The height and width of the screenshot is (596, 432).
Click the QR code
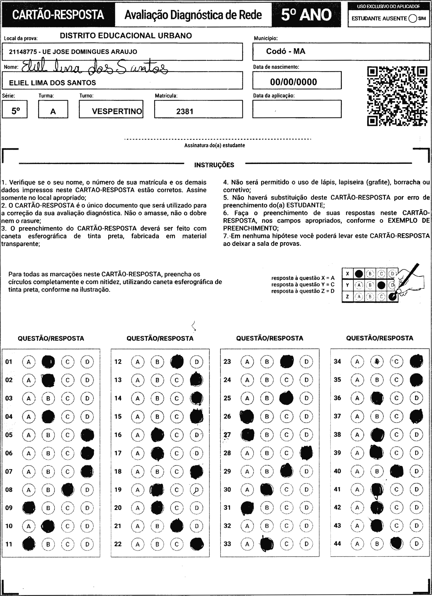(397, 96)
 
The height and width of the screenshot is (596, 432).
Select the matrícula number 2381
(185, 111)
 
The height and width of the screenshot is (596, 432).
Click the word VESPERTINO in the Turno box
(117, 111)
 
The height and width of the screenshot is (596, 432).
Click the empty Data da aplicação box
(297, 109)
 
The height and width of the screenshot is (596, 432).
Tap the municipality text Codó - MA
(286, 51)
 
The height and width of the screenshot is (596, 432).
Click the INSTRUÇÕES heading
(214, 165)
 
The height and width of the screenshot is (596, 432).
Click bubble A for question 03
(29, 398)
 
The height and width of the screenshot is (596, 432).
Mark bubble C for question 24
(287, 380)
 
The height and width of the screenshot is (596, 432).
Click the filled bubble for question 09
(29, 508)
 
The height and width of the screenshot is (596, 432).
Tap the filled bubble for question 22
(197, 544)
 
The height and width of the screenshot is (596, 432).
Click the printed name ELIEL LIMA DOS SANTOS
(53, 83)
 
